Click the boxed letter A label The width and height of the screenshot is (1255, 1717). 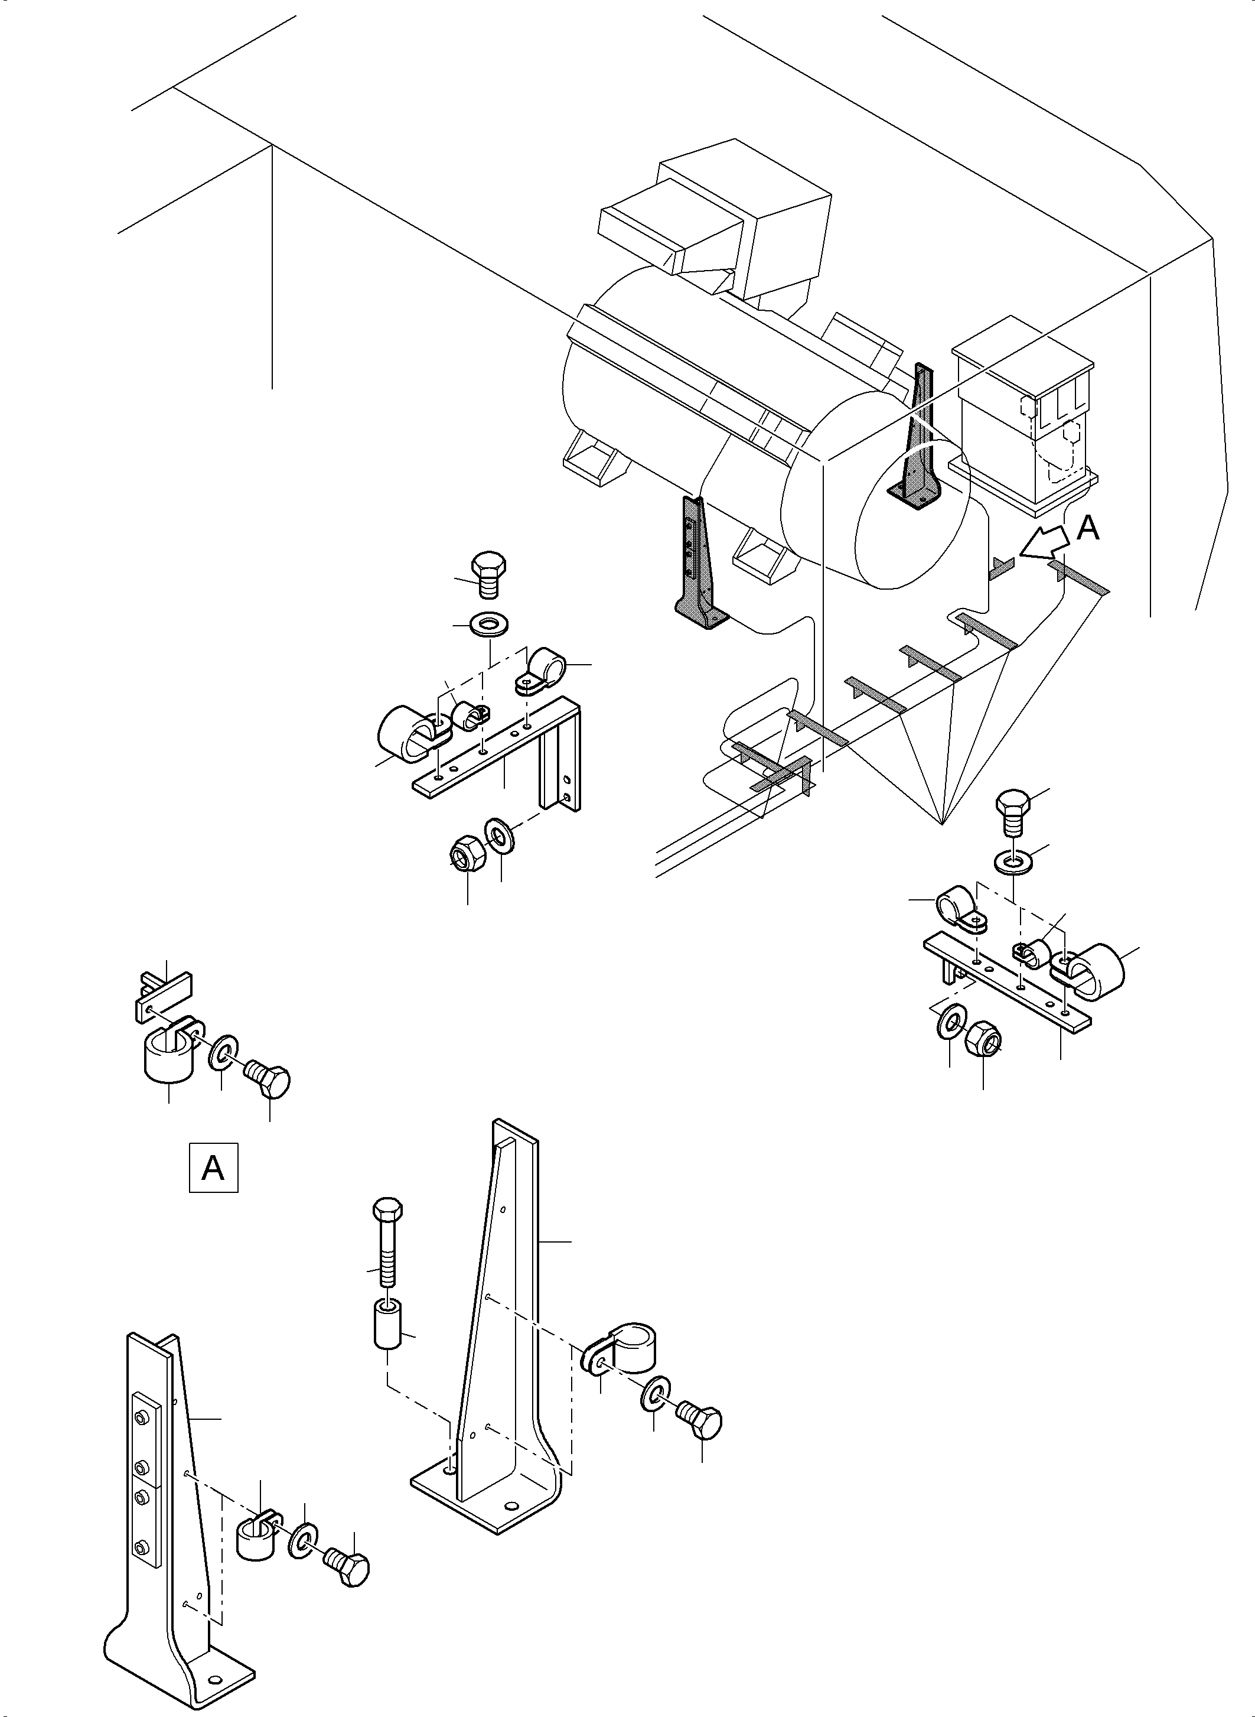point(213,1167)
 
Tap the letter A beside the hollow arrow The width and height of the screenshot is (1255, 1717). point(1088,528)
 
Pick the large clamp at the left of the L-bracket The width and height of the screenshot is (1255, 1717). point(406,733)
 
